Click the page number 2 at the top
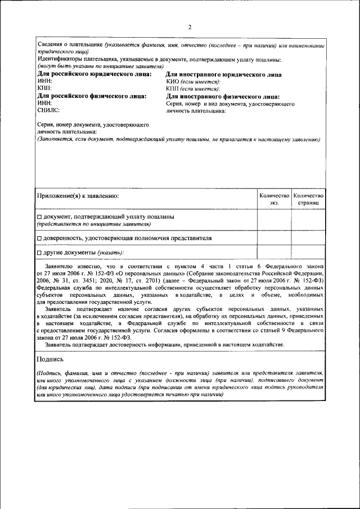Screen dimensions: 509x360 coord(190,27)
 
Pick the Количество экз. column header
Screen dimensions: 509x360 coord(274,198)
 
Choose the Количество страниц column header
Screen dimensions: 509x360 coord(308,198)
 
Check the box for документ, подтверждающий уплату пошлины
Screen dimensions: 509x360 coord(39,217)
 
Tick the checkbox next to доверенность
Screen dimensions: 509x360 coord(39,238)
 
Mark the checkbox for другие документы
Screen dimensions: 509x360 coord(39,253)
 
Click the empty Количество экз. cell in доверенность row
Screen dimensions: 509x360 coord(274,238)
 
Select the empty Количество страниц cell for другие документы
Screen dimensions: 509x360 coord(308,252)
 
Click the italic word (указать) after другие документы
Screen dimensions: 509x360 coord(110,253)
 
